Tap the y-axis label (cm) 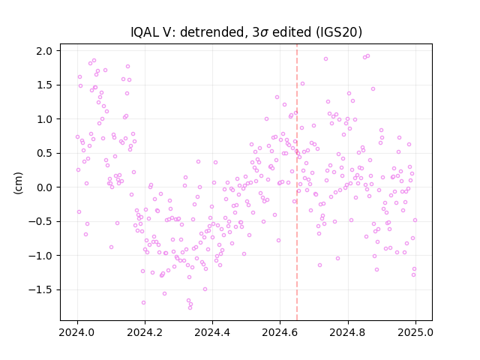[x=18, y=183]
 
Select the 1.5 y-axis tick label [x=44, y=85]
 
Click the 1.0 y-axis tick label [x=44, y=119]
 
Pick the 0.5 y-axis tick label [x=44, y=153]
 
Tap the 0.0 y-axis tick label [x=44, y=187]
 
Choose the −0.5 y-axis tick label [x=40, y=222]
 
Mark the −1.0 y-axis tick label [x=40, y=256]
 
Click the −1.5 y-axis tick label [x=40, y=290]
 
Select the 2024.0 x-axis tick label [x=77, y=332]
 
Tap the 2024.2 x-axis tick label [x=145, y=332]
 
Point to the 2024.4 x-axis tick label [x=212, y=332]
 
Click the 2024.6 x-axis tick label [x=280, y=332]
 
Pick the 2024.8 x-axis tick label [x=348, y=332]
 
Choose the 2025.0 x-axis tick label [x=415, y=332]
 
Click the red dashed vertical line [x=297, y=182]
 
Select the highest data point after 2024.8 [x=367, y=56]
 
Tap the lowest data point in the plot [x=190, y=307]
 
